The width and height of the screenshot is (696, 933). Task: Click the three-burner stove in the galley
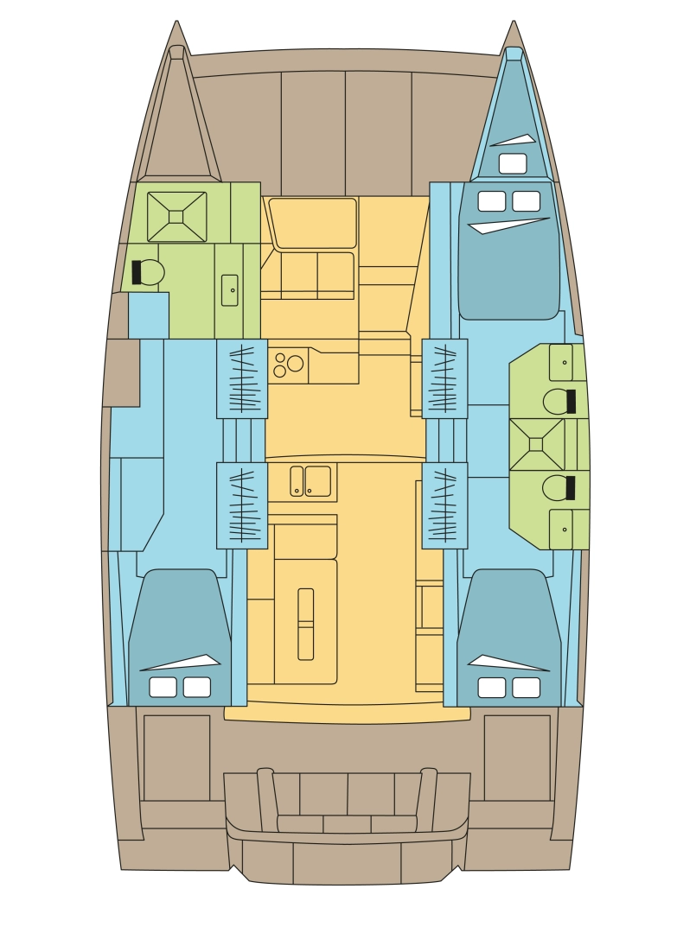[288, 363]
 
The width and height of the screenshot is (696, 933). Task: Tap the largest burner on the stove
[296, 363]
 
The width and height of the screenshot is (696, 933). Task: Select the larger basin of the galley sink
[317, 480]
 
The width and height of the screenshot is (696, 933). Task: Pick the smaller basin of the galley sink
[297, 480]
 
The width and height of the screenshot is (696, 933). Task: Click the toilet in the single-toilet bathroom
[148, 272]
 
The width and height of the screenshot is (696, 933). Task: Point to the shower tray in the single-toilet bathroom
[176, 216]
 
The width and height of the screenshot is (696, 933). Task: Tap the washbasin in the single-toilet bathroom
[230, 289]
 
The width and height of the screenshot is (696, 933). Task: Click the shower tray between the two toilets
[536, 444]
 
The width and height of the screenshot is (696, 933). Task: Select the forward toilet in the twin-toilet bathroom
[559, 401]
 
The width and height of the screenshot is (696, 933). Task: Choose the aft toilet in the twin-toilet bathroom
[559, 488]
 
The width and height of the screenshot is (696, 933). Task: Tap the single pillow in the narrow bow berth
[513, 163]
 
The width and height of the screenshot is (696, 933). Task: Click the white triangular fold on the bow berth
[514, 140]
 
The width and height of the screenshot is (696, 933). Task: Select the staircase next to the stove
[241, 378]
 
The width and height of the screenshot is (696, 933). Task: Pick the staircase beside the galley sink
[241, 505]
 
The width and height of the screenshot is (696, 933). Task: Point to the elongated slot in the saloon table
[306, 624]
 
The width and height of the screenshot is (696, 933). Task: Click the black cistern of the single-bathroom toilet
[137, 272]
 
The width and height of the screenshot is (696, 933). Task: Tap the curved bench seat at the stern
[347, 823]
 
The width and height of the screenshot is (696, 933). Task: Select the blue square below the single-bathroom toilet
[149, 315]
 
